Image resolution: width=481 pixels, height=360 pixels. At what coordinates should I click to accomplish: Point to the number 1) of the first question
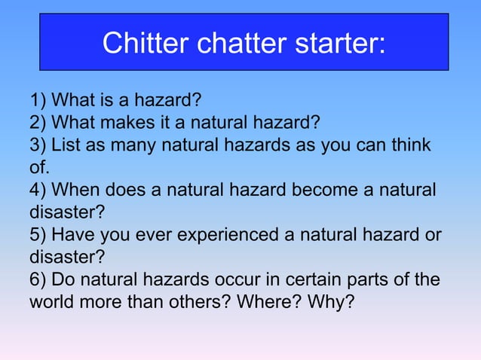(x=38, y=100)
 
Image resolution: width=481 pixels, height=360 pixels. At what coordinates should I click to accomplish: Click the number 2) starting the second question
(x=38, y=122)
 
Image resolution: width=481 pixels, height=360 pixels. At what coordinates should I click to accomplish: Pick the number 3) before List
(x=38, y=145)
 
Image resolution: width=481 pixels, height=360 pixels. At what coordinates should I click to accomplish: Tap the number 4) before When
(x=38, y=190)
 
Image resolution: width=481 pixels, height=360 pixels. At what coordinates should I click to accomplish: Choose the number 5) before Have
(x=38, y=235)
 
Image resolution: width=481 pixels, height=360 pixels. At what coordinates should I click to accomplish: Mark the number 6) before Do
(x=38, y=280)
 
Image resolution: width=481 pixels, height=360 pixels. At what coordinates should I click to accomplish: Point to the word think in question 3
(x=411, y=145)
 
